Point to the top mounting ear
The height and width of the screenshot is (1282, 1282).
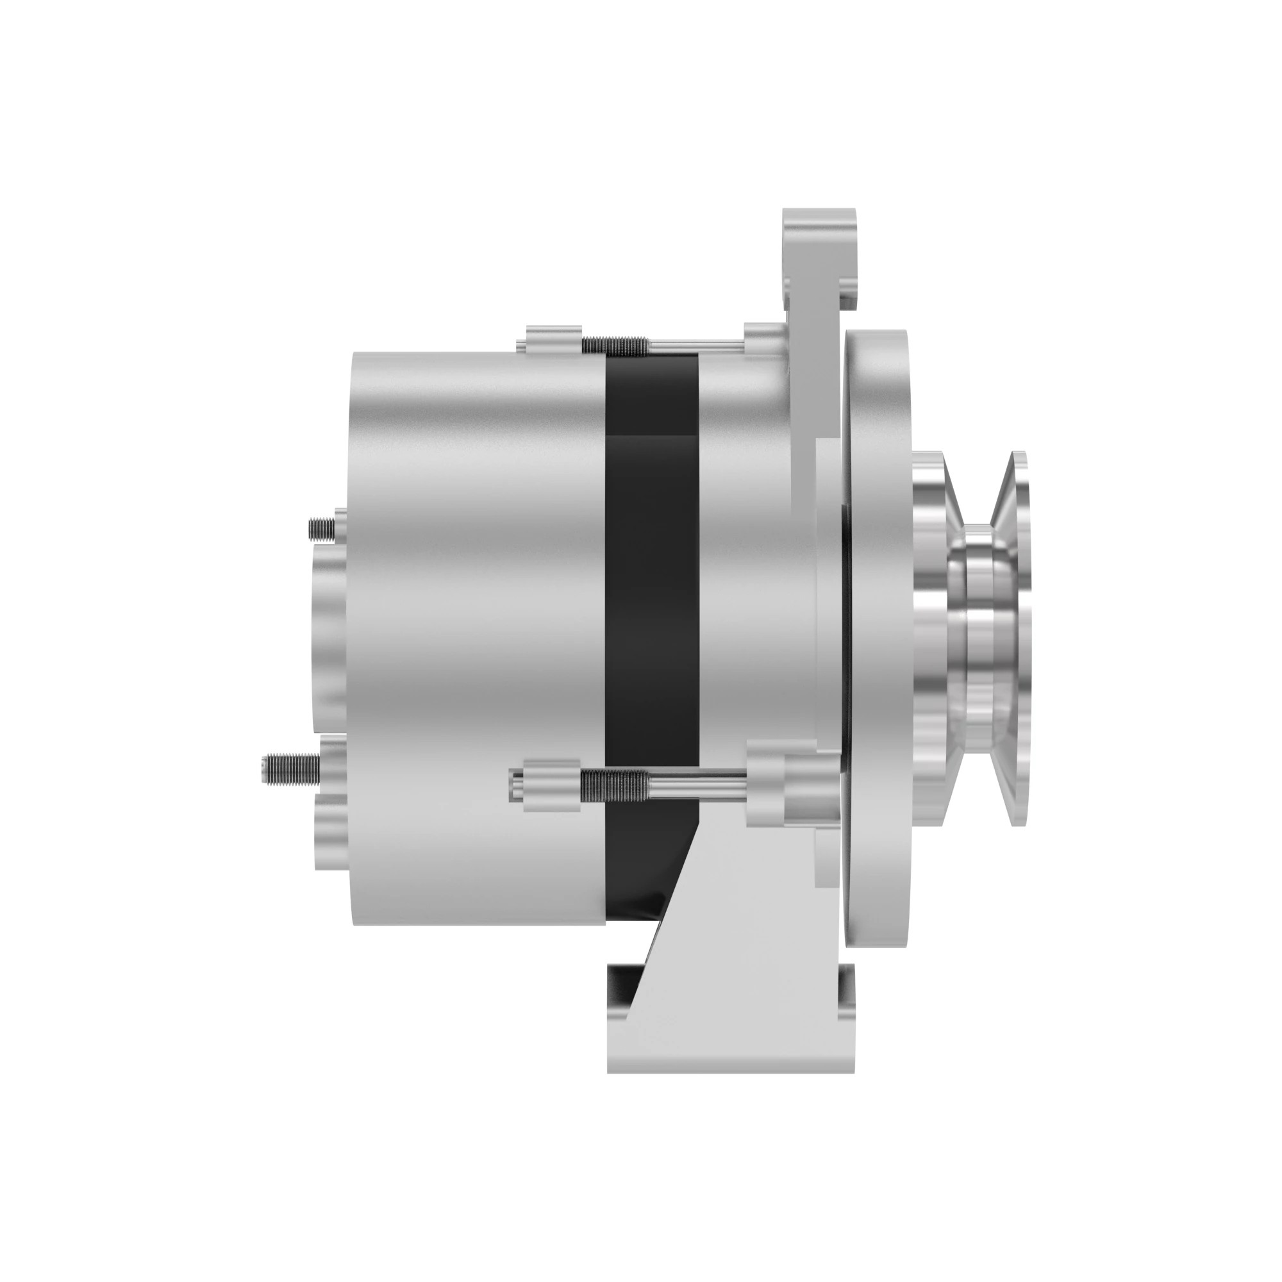tap(819, 252)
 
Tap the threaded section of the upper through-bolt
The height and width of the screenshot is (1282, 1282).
tap(614, 344)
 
